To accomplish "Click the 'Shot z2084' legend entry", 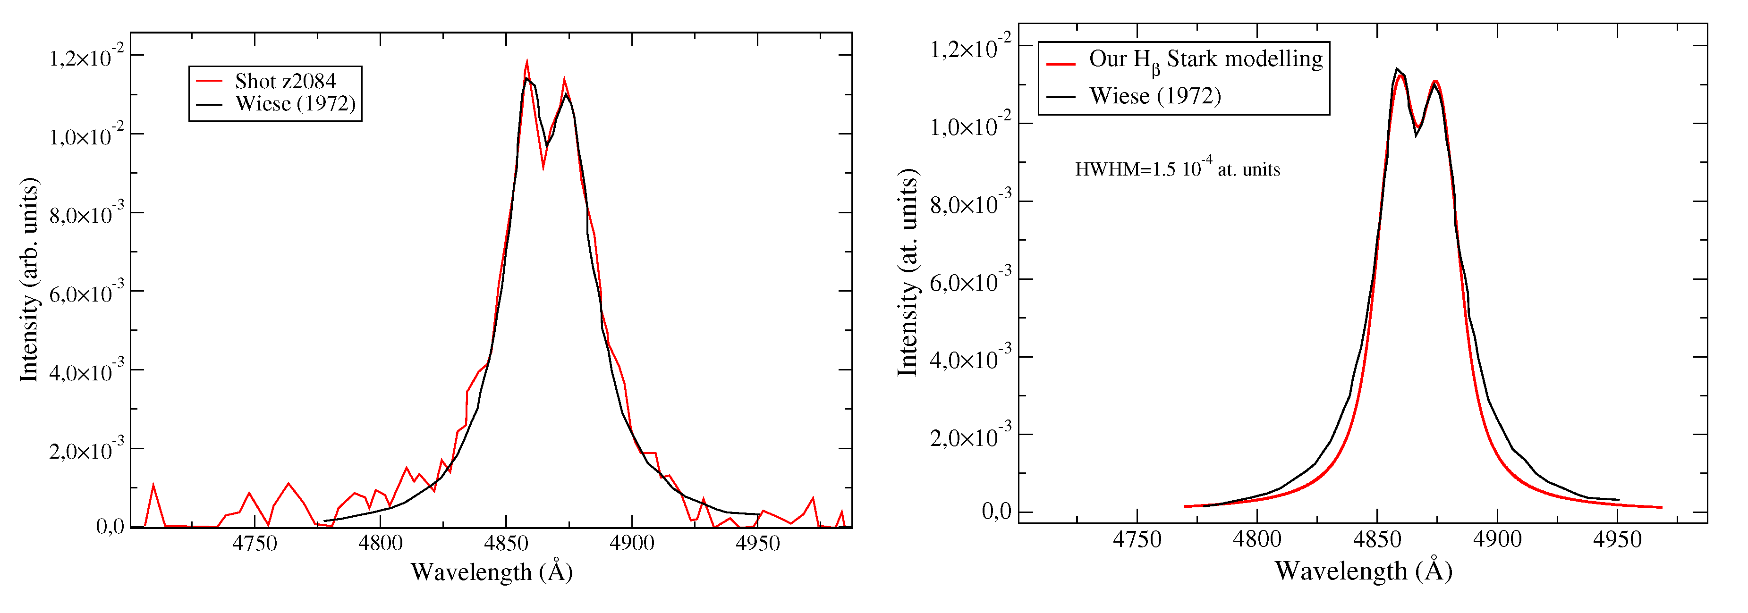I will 285,81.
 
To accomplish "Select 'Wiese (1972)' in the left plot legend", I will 295,104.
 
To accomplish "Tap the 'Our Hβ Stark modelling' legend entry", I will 1205,59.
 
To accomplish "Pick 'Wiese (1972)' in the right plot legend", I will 1155,96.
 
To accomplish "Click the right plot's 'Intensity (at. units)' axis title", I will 908,273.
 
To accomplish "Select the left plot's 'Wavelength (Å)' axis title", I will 491,571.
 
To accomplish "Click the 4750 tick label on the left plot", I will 255,543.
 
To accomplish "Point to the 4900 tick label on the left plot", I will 632,543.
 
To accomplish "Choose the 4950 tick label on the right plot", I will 1617,540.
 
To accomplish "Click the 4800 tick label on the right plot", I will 1257,540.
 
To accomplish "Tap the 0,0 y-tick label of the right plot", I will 996,512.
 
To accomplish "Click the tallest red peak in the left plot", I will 526,62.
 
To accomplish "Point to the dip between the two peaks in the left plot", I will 543,166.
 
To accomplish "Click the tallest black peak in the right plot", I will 1397,68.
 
